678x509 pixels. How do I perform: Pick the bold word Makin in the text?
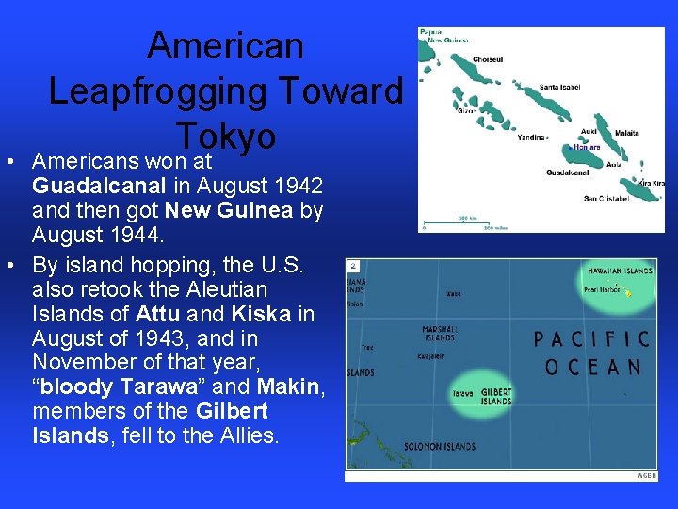click(x=290, y=387)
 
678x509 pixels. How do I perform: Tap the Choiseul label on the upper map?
click(x=488, y=59)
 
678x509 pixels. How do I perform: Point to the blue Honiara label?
click(x=587, y=147)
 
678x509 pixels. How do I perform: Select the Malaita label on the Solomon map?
click(x=625, y=134)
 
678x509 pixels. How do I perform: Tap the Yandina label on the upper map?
click(x=532, y=138)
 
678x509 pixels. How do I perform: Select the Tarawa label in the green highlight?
click(x=462, y=393)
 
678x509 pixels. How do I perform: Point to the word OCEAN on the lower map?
click(x=592, y=367)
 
